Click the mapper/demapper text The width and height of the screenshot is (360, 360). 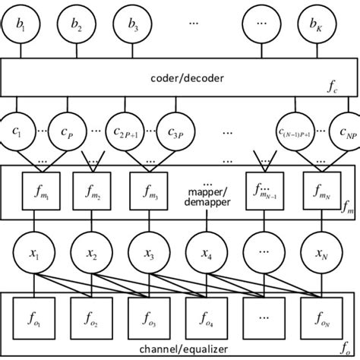tap(205, 194)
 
